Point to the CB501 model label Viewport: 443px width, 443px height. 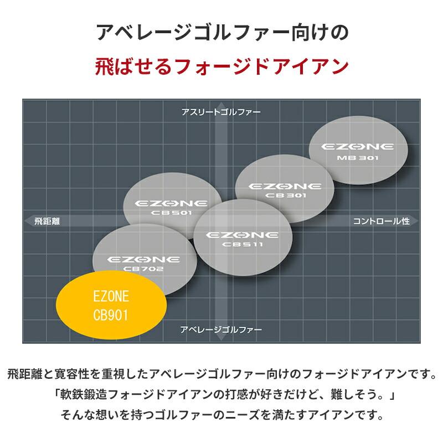click(172, 213)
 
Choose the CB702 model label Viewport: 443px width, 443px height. click(143, 269)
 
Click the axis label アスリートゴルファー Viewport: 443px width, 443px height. click(221, 111)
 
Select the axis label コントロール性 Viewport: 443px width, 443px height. click(381, 220)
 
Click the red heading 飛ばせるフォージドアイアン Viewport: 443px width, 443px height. click(221, 66)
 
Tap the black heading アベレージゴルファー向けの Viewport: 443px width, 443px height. click(221, 33)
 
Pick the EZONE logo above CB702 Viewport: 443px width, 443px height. click(143, 259)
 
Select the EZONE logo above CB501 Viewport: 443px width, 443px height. click(172, 203)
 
